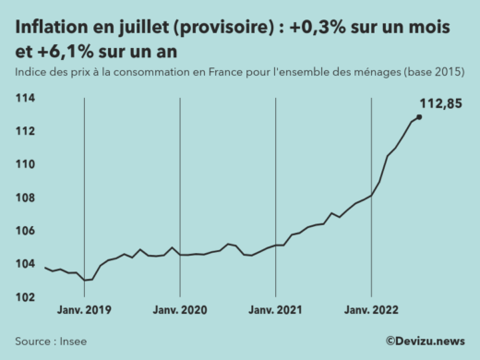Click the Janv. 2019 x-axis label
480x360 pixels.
[x=84, y=310]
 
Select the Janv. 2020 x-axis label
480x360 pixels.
[x=180, y=310]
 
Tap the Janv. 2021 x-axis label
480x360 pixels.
[x=276, y=310]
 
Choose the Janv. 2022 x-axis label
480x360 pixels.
[x=371, y=310]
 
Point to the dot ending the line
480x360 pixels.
[x=420, y=116]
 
